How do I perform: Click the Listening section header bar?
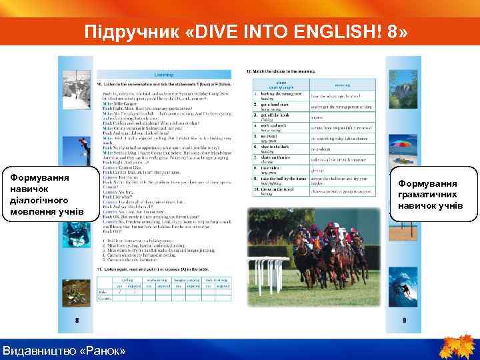165,75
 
